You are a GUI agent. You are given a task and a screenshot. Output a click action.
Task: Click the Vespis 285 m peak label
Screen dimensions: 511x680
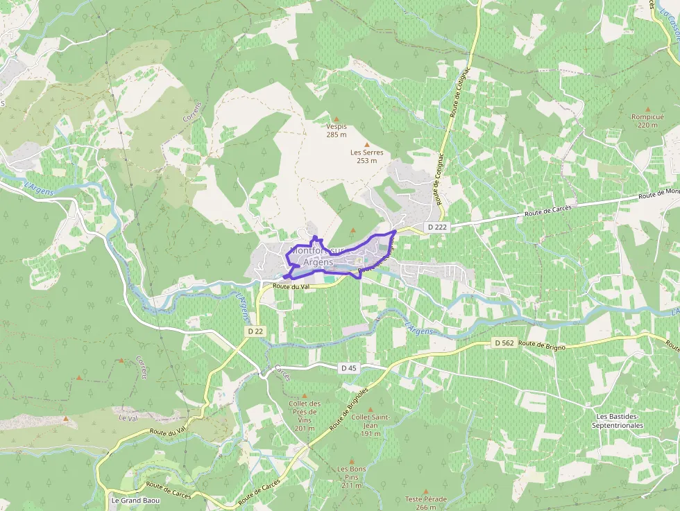tap(337, 130)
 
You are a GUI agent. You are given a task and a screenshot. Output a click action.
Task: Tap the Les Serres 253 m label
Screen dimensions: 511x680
tap(366, 156)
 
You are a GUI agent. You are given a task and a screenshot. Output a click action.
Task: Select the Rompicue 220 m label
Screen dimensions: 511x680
tap(647, 121)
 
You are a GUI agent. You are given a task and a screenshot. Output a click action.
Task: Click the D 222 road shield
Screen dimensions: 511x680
tap(437, 227)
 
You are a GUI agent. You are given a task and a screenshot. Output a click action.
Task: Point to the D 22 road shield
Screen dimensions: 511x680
tap(255, 331)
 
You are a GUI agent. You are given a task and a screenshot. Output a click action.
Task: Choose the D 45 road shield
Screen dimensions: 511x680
tap(348, 367)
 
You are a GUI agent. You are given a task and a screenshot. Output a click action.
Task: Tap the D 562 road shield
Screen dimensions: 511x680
tap(504, 343)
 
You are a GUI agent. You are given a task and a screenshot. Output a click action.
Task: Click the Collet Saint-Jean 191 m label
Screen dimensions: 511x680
tap(369, 425)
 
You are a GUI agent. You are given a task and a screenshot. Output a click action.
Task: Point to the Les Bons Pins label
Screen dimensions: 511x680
tap(352, 477)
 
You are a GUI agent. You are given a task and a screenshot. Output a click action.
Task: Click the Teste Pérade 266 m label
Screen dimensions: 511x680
tap(426, 503)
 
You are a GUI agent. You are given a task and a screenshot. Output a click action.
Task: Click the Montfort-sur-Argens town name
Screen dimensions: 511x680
tap(318, 255)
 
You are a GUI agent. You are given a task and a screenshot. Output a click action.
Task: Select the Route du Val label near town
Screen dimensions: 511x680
tap(291, 286)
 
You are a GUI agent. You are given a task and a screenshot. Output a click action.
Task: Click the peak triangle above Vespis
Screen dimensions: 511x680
tap(337, 119)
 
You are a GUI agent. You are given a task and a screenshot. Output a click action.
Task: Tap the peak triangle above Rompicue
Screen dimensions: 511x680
tap(647, 110)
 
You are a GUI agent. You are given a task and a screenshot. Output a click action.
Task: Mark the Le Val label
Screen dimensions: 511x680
tap(126, 418)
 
